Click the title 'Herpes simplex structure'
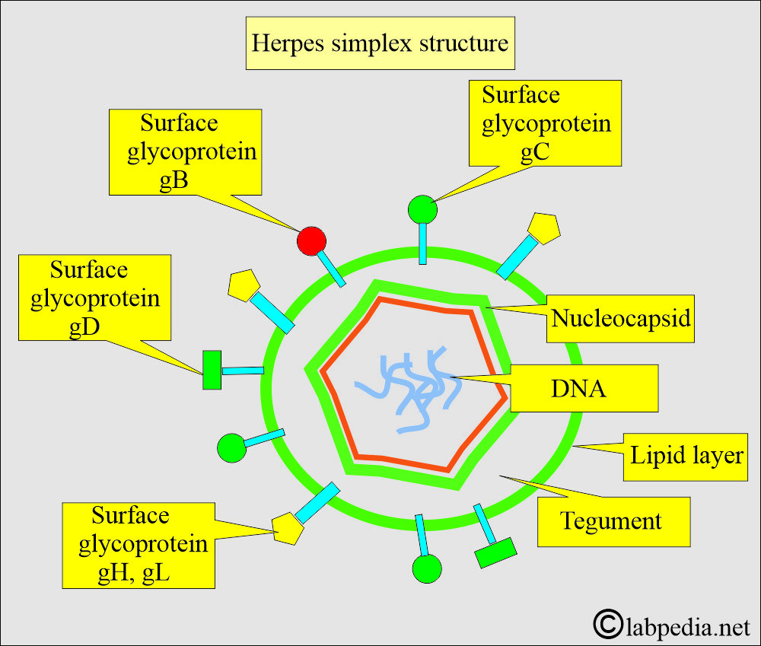[x=381, y=42]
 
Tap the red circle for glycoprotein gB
[x=311, y=240]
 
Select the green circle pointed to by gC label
[x=422, y=209]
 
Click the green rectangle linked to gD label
[x=212, y=370]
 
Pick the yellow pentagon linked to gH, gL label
[x=286, y=527]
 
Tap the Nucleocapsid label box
[x=621, y=317]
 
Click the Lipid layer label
[x=685, y=457]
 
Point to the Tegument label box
[x=613, y=521]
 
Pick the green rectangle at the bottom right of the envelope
[x=496, y=552]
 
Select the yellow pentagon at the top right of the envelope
[x=544, y=228]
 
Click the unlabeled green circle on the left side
[x=231, y=447]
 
